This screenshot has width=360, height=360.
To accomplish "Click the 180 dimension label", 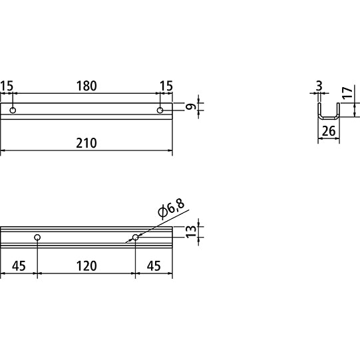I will tap(86, 86).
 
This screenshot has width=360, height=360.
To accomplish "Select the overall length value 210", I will tap(86, 142).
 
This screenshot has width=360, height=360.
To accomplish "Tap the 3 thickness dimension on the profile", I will tap(319, 86).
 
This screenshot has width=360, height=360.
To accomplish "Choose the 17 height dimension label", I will tap(347, 92).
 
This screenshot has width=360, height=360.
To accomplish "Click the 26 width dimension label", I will tap(328, 132).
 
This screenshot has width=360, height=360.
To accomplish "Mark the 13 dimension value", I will tap(192, 232).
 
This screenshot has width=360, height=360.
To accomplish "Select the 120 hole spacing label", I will tap(86, 266).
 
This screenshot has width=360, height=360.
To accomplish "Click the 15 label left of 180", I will tap(7, 86).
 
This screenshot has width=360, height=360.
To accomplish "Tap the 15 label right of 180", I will tap(166, 86).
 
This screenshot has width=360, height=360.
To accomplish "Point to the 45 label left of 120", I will tap(19, 266).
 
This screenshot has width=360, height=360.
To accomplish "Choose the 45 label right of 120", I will tap(154, 266).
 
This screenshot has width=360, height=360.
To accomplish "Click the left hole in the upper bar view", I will tap(13, 110).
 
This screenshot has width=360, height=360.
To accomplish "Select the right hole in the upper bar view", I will tap(160, 110).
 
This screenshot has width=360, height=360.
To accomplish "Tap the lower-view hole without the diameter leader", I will tap(37, 237).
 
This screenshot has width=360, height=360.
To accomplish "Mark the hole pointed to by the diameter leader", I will tap(135, 237).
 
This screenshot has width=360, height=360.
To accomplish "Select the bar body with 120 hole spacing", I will tap(86, 238).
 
